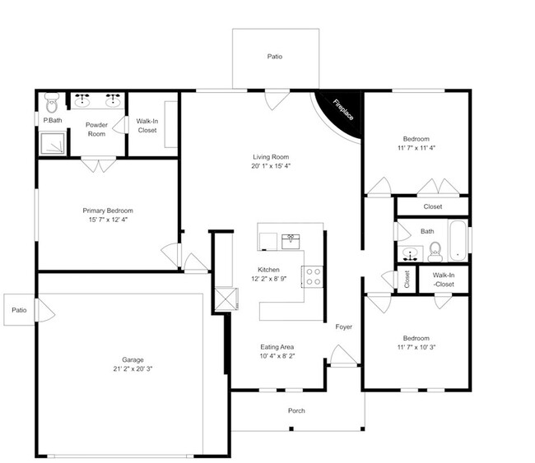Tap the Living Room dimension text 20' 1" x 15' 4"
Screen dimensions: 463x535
click(x=271, y=165)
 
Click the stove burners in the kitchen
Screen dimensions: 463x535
click(x=314, y=276)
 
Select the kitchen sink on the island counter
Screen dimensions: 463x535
click(x=291, y=239)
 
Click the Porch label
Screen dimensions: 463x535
click(x=296, y=410)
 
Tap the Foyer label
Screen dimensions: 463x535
click(x=344, y=326)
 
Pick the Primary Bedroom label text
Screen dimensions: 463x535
click(x=107, y=211)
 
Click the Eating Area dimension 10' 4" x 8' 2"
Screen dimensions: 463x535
click(x=277, y=356)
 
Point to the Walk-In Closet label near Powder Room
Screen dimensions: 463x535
click(x=147, y=126)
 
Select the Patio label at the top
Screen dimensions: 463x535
click(x=274, y=57)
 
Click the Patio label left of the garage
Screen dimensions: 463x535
click(x=19, y=310)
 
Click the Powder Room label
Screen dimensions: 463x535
click(x=96, y=129)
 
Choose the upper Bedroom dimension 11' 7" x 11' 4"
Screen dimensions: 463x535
click(x=416, y=149)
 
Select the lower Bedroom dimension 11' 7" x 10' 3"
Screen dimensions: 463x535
click(x=416, y=348)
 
